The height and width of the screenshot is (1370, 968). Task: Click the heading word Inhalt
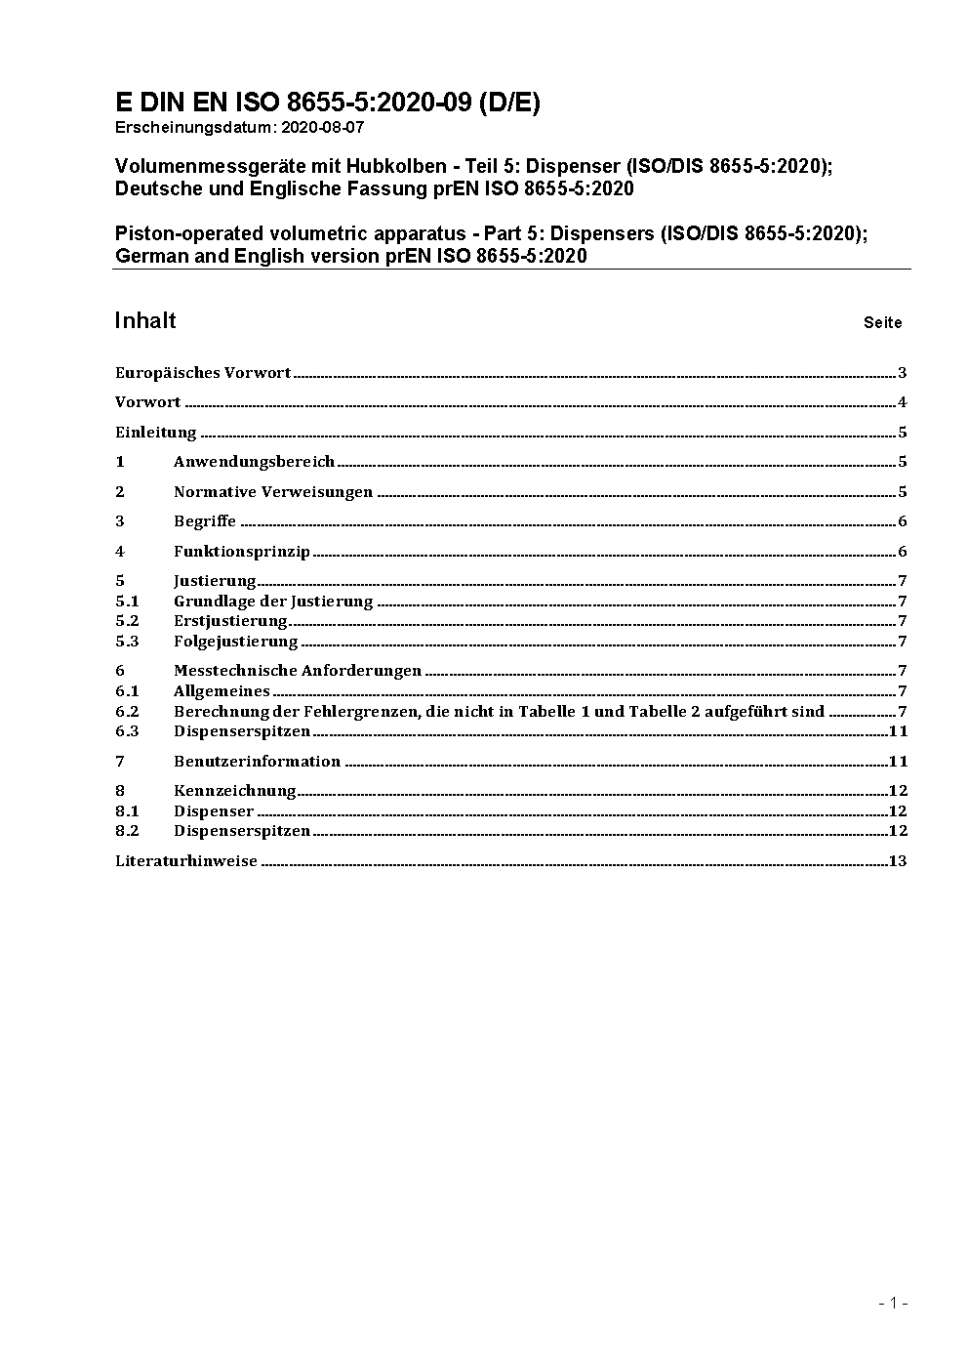[145, 321]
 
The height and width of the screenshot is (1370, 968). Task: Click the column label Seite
[882, 323]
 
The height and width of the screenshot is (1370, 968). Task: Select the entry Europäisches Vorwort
[203, 373]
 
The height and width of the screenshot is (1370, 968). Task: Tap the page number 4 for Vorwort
[903, 402]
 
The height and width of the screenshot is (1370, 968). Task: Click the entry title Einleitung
[156, 433]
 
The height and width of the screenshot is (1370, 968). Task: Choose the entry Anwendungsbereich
[254, 462]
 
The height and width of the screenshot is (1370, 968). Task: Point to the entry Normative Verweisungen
[273, 492]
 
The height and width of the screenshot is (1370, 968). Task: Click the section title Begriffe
[205, 521]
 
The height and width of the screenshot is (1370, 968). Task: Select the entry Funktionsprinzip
[242, 552]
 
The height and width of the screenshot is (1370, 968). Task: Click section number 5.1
[127, 602]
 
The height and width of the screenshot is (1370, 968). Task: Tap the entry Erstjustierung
[230, 621]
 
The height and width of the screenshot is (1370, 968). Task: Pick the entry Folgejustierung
[235, 642]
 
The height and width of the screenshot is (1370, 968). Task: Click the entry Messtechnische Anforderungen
[298, 671]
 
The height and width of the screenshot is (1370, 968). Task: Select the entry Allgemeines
[222, 691]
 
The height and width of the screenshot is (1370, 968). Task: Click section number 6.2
[127, 712]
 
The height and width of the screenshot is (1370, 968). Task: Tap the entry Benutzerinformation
[257, 762]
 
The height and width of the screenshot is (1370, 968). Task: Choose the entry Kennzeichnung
[234, 791]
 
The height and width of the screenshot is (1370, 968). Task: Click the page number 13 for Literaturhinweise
[898, 861]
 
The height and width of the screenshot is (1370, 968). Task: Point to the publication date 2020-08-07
[323, 127]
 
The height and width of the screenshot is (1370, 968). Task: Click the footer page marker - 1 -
[893, 1303]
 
